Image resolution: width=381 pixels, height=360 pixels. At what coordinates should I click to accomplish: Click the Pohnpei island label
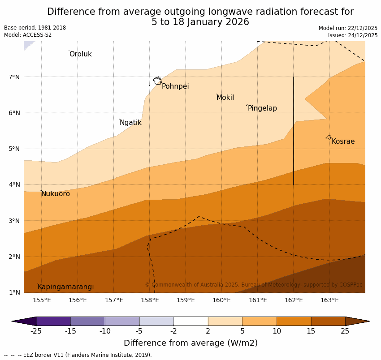[x=175, y=86]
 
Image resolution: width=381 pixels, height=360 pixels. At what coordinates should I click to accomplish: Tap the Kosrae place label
[x=343, y=141]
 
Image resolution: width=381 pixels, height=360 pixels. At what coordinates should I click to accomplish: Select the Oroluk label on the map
[x=80, y=54]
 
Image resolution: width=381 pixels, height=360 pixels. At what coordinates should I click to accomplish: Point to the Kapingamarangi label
[x=65, y=287]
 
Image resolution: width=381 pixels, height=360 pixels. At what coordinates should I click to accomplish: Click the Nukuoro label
[x=56, y=194]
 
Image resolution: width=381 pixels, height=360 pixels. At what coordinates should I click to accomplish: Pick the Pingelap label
[x=262, y=108]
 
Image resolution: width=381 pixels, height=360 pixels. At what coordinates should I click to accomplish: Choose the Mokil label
[x=225, y=98]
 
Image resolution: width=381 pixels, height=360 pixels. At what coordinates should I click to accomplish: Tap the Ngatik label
[x=130, y=123]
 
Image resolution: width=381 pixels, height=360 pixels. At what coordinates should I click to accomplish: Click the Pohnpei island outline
[x=157, y=81]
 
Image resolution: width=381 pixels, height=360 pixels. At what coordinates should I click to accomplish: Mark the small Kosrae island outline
[x=329, y=137]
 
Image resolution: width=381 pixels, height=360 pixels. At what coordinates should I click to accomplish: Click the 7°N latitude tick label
[x=14, y=77]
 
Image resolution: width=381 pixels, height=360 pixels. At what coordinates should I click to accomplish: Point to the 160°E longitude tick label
[x=221, y=300]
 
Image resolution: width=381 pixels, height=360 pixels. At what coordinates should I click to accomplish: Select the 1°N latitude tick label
[x=14, y=292]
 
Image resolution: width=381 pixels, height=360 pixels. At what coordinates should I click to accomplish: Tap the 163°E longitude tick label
[x=329, y=300]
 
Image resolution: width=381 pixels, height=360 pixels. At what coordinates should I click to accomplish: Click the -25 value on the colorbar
[x=36, y=331]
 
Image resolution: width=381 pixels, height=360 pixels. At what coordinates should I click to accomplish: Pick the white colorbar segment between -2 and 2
[x=190, y=321]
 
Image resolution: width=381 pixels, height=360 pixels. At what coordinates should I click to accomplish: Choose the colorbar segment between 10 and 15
[x=294, y=321]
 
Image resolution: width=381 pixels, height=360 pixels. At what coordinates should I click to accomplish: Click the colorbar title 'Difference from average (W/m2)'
[x=190, y=343]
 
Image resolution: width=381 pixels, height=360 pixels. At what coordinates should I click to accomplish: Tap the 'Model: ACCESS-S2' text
[x=28, y=35]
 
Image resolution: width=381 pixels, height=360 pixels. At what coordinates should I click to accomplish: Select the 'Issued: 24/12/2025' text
[x=352, y=35]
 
